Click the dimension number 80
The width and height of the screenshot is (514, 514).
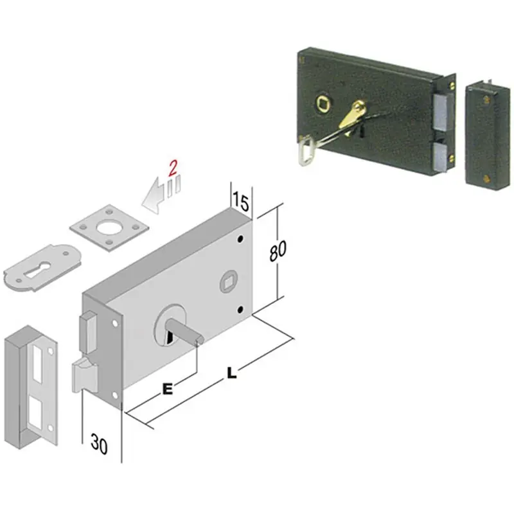[278, 251]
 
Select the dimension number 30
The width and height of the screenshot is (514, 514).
[100, 444]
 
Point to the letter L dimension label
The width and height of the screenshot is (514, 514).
[232, 373]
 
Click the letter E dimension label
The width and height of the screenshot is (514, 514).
[168, 389]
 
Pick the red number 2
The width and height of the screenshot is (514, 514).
[173, 168]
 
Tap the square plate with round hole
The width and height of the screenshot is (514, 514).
[109, 227]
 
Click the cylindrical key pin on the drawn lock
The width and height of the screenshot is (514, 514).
[184, 330]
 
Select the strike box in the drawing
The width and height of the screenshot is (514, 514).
[31, 387]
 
